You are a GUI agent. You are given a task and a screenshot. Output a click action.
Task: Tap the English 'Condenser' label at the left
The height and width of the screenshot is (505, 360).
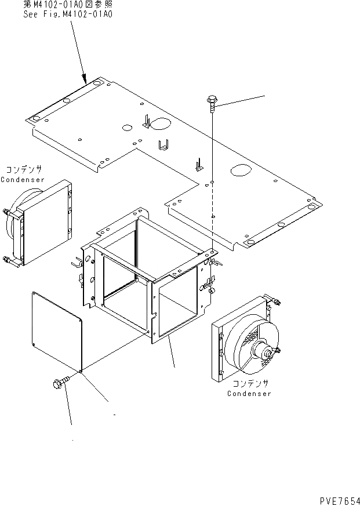click(x=23, y=180)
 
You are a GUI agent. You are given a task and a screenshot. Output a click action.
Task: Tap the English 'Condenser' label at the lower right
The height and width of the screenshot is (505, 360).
click(x=249, y=394)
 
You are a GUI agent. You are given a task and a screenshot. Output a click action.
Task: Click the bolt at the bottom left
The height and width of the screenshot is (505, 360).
click(x=60, y=382)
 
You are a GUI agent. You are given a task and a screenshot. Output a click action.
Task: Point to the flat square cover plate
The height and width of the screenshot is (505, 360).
click(x=57, y=329)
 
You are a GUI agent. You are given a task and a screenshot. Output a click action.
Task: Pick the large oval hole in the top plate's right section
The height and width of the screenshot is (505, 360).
click(x=240, y=170)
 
